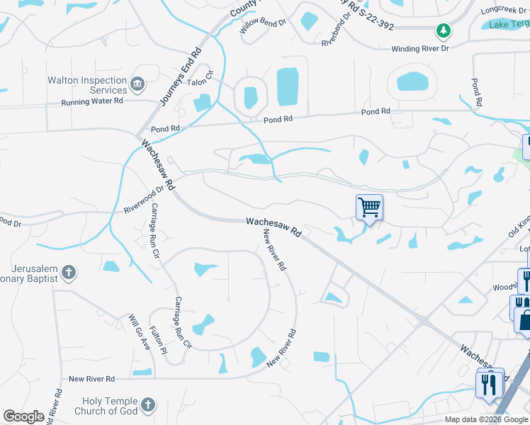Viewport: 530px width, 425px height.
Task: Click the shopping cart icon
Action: [369, 207]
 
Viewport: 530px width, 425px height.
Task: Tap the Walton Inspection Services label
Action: [87, 85]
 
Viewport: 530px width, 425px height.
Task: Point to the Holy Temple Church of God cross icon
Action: [147, 405]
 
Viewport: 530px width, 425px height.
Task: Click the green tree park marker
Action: [443, 30]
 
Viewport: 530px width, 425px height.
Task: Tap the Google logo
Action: [23, 416]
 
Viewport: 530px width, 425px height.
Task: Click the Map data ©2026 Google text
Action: [487, 419]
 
